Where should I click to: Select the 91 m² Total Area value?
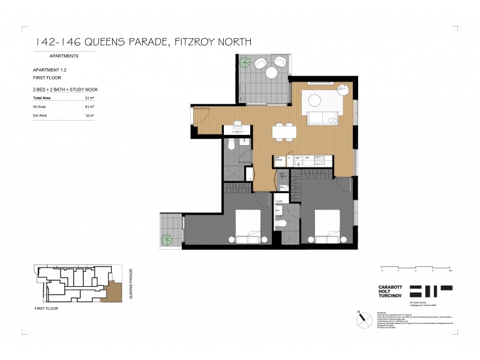coord(89,97)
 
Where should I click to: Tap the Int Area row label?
coord(40,106)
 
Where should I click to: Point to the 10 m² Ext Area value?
coord(89,115)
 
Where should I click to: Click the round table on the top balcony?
coord(271,73)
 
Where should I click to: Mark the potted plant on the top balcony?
coord(245,62)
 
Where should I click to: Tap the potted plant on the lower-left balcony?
coord(166,240)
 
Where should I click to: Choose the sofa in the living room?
coord(323,118)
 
